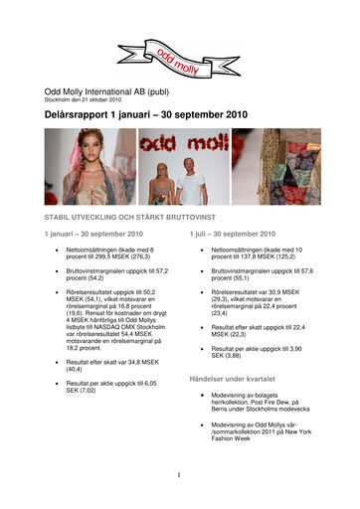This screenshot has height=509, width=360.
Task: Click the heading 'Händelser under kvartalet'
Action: (233, 379)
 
